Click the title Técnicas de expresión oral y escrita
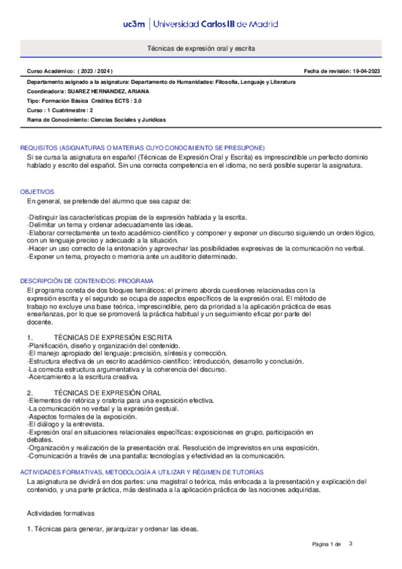201,49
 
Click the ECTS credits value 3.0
137,100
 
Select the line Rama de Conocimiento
96,119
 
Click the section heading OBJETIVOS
35,191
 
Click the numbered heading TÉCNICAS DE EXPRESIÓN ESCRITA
113,337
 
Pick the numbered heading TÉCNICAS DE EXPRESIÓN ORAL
107,392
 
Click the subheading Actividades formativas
60,513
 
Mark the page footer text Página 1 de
327,544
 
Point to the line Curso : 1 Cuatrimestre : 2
60,110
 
